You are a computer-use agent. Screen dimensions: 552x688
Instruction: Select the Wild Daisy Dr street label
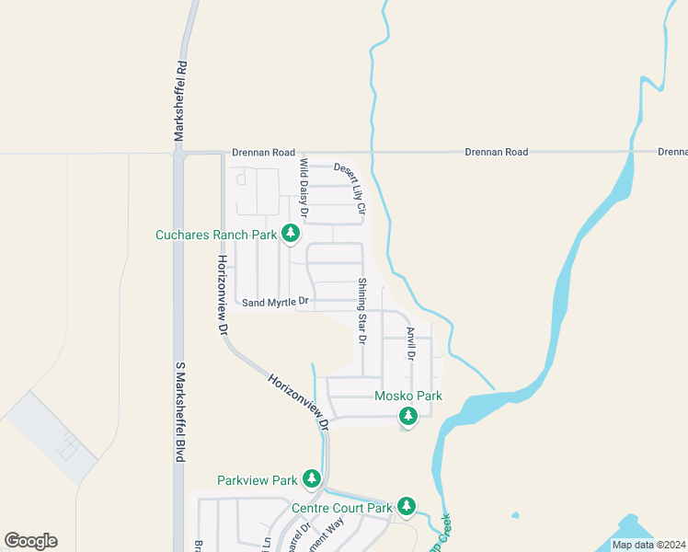(x=304, y=189)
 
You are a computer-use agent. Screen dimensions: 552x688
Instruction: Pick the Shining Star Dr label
(x=362, y=311)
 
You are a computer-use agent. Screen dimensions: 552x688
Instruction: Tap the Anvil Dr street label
(x=411, y=343)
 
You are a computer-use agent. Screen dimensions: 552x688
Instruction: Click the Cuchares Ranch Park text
(x=216, y=235)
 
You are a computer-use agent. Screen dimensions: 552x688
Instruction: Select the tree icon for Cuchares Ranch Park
(x=291, y=234)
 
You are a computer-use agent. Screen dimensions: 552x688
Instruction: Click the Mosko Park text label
(x=408, y=397)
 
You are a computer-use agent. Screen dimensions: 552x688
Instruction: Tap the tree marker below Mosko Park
(x=408, y=417)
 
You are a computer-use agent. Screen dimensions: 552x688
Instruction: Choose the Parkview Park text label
(x=258, y=480)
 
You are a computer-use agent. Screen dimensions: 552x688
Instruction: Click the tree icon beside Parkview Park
(x=313, y=478)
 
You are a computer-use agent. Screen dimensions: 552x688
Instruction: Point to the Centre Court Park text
(x=341, y=507)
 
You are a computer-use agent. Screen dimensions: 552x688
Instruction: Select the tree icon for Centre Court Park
(x=407, y=506)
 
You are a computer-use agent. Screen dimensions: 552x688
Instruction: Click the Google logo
(x=30, y=541)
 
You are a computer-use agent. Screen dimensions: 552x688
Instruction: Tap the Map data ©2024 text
(x=648, y=545)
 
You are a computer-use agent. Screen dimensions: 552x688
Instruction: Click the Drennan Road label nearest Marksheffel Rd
(x=263, y=152)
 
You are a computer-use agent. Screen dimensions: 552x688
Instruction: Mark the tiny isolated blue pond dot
(x=514, y=514)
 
